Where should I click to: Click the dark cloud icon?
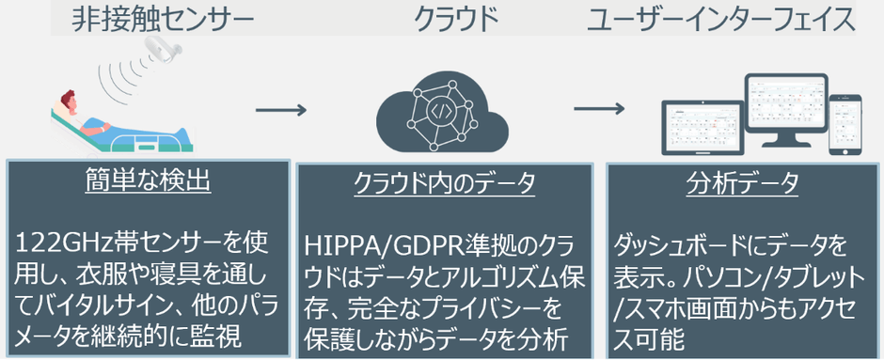coord(442,111)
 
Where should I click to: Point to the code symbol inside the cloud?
coord(441,109)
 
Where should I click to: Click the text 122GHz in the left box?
coord(58,246)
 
